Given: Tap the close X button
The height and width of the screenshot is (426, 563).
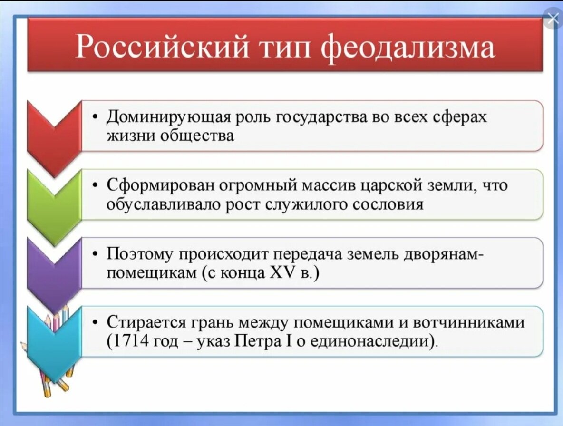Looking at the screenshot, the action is (x=553, y=19).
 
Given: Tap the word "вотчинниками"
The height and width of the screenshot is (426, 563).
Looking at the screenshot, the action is (x=469, y=323).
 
